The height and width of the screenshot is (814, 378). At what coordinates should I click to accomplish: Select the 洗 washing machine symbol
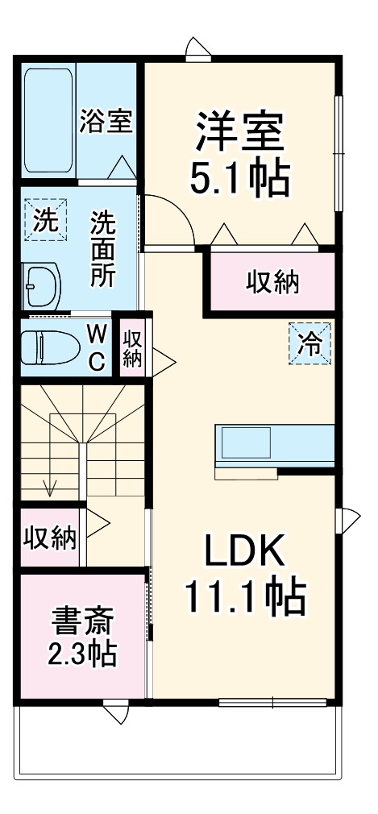(x=41, y=218)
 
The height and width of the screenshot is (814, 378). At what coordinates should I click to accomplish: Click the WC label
(x=96, y=347)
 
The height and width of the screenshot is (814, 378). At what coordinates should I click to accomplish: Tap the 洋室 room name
(x=239, y=132)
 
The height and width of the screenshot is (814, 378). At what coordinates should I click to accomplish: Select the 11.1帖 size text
(x=244, y=598)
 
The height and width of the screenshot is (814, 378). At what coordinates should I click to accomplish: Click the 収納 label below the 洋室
(x=272, y=282)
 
